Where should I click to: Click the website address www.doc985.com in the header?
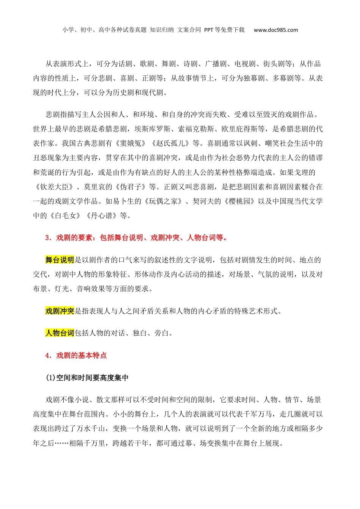tap(275, 30)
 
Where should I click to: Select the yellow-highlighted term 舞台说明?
tap(59, 260)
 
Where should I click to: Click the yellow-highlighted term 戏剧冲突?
tap(59, 311)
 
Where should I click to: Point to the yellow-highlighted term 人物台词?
tap(59, 333)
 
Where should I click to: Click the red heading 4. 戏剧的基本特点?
tap(76, 355)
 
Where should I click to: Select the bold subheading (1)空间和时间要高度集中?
tap(87, 378)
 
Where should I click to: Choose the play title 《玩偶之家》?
tap(163, 201)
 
